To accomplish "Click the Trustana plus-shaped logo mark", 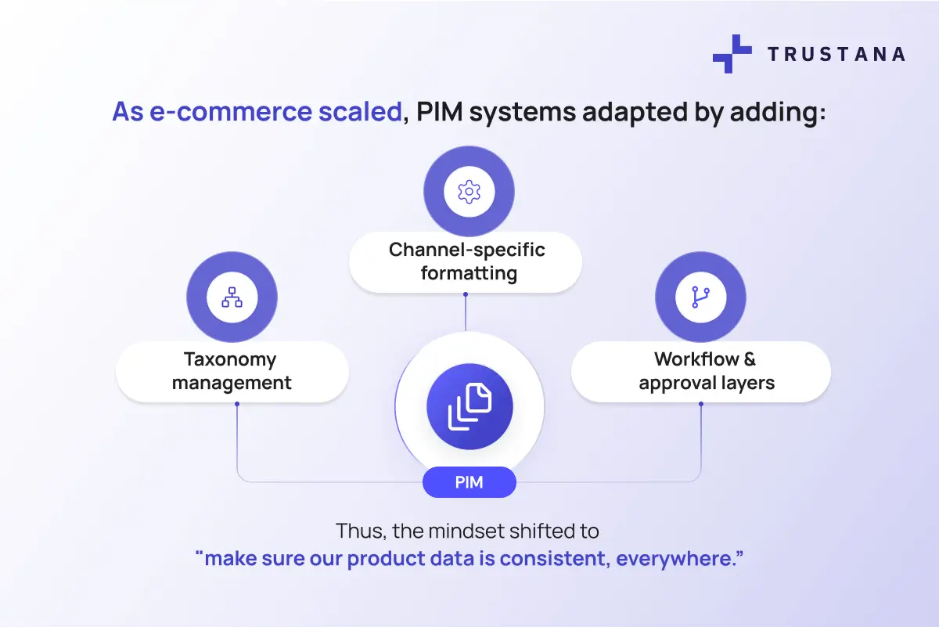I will coord(732,54).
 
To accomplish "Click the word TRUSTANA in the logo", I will coord(836,54).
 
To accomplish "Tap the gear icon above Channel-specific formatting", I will coord(469,191).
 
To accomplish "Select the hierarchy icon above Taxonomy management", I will coord(232,297).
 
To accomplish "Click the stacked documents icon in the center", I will coord(469,406).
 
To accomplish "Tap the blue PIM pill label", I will coord(469,482).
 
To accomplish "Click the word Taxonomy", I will coord(230,359).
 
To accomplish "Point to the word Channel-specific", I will coord(467,250).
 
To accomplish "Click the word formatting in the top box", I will coord(469,273).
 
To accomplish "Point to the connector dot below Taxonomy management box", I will coord(236,404).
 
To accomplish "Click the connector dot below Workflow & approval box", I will coord(700,404).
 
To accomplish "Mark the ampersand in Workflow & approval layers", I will coord(750,359).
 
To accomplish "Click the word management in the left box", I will coord(232,383).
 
